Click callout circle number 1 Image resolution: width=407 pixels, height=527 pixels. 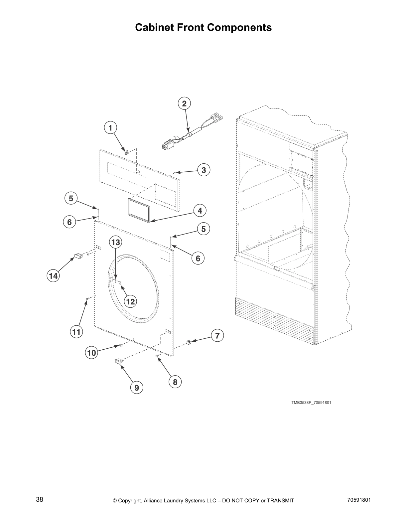point(110,127)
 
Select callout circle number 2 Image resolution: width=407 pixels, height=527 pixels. point(184,103)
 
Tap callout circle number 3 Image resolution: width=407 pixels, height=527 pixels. point(204,170)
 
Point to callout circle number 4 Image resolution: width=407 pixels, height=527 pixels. point(200,211)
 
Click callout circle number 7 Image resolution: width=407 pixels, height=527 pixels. point(217,336)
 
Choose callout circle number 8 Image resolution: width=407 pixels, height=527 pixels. point(175,382)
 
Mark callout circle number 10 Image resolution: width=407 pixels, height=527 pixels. point(91,353)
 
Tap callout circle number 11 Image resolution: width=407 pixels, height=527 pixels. point(76,332)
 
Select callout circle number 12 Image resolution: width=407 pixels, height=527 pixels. point(130,301)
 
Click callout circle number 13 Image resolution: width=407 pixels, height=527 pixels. point(115,242)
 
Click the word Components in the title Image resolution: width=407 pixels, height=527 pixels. point(239,27)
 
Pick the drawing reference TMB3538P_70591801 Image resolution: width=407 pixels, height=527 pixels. point(311,403)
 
